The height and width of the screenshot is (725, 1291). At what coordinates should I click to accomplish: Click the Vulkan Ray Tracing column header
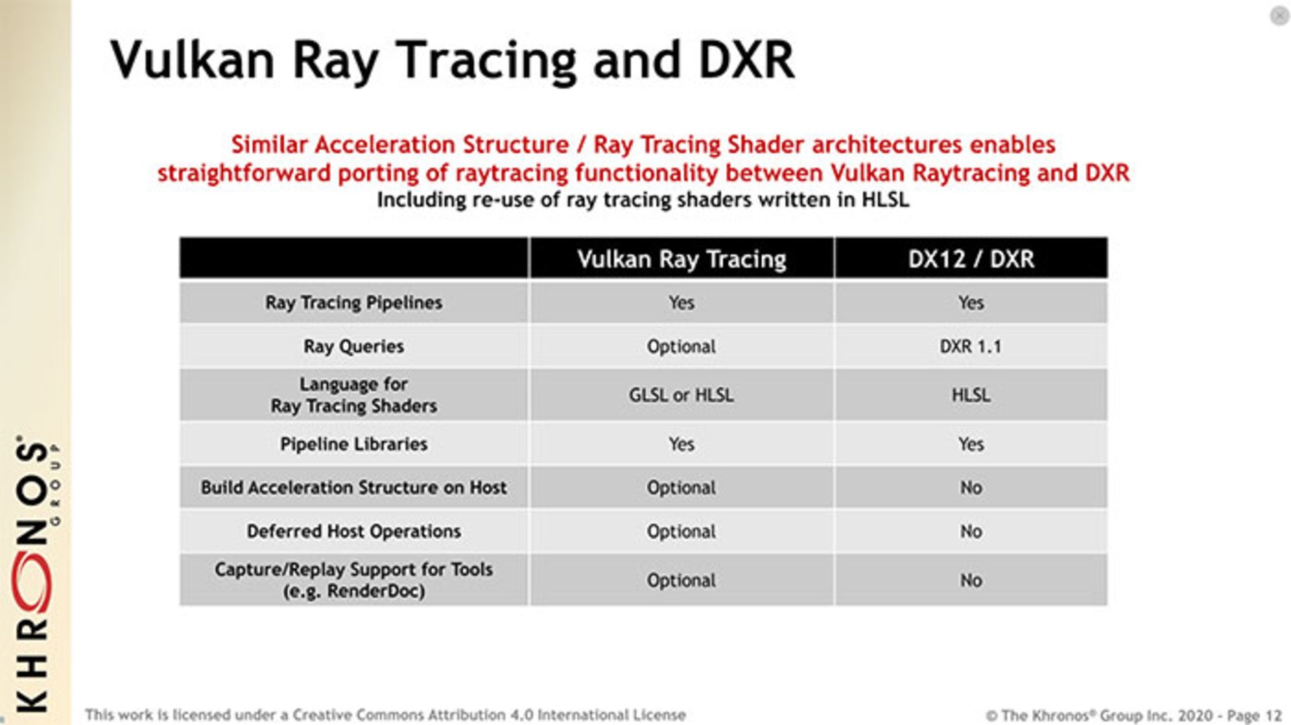click(x=681, y=259)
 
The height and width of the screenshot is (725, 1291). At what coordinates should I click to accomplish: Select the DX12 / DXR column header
click(x=970, y=259)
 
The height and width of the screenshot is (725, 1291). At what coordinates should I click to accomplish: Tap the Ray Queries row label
click(x=354, y=346)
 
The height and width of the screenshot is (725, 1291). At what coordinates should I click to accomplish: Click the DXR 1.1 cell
click(x=970, y=346)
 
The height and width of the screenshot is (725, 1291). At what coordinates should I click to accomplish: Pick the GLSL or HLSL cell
click(x=681, y=395)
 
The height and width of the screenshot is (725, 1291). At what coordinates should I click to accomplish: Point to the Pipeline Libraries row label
click(x=354, y=444)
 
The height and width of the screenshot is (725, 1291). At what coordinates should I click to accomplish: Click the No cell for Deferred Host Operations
click(x=970, y=531)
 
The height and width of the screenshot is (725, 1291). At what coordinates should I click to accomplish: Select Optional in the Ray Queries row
click(x=681, y=346)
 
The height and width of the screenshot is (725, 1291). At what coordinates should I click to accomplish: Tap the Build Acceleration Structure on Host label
click(x=354, y=488)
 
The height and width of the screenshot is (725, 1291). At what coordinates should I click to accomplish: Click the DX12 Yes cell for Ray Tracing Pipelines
click(x=970, y=303)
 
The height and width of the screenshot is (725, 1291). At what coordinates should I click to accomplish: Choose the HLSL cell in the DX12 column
click(x=970, y=395)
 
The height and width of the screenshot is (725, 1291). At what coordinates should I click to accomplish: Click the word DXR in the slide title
click(x=746, y=61)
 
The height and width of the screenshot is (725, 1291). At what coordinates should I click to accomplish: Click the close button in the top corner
click(x=1279, y=15)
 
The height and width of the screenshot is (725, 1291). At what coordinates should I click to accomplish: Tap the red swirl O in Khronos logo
click(x=32, y=582)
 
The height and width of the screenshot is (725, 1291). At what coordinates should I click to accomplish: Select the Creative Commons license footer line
click(x=385, y=715)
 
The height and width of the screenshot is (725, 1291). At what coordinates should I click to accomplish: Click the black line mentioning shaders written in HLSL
click(x=643, y=200)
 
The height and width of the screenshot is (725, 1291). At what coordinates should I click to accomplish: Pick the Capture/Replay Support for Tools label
click(x=354, y=580)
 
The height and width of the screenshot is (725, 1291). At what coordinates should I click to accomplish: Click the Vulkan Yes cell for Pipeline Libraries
click(x=681, y=444)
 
